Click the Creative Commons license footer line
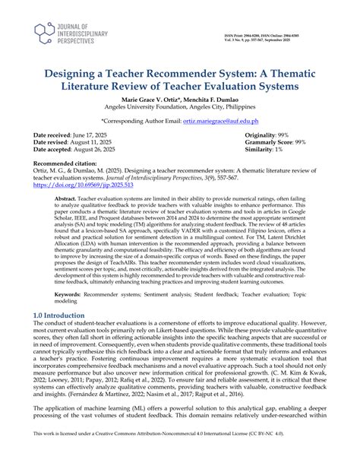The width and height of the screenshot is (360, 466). [x=180, y=455]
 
